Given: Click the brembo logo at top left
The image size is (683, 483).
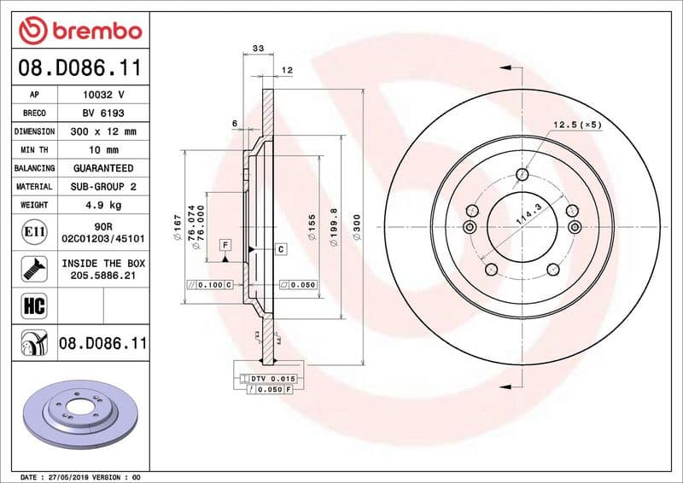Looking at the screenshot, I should (x=79, y=31).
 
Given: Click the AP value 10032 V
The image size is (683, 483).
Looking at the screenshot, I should (x=104, y=95).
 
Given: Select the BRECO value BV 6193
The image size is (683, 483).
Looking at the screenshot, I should (x=104, y=113).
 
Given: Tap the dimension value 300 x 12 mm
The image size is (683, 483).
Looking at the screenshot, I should (x=104, y=131).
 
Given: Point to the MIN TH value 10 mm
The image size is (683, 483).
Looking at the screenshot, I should (x=104, y=150).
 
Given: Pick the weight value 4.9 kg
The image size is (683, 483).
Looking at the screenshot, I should (x=104, y=205).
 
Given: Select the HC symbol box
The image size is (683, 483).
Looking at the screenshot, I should (x=32, y=305).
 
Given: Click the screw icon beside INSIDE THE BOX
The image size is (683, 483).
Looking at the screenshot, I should (x=32, y=270).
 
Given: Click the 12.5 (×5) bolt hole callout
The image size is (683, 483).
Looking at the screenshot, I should (x=577, y=125).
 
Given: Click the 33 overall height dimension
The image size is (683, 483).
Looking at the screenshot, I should (x=258, y=49).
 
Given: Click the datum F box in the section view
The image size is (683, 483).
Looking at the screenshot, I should (x=225, y=245).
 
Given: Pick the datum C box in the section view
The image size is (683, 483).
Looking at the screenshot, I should (x=279, y=248).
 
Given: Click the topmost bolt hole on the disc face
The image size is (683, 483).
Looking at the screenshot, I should (x=522, y=176).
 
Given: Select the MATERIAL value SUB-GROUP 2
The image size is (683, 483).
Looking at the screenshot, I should (x=104, y=186).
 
